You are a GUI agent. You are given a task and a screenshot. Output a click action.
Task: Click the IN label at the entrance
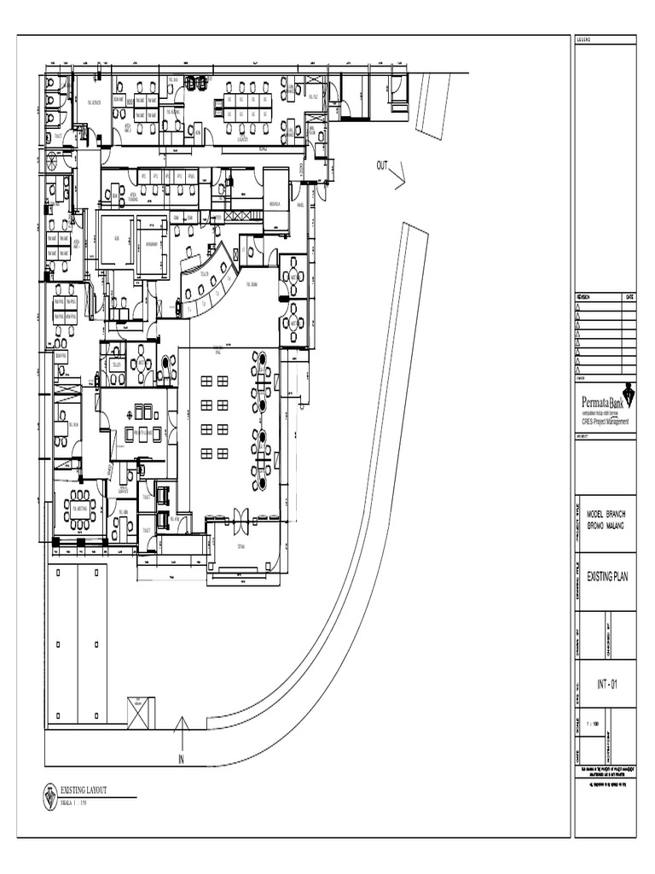[x=181, y=758]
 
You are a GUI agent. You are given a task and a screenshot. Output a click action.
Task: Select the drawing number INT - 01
[x=606, y=684]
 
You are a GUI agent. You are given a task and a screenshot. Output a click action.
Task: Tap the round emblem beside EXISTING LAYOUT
[x=50, y=795]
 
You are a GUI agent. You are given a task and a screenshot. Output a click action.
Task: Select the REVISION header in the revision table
[x=588, y=297]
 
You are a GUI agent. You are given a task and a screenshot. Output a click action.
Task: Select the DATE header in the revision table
[x=629, y=297]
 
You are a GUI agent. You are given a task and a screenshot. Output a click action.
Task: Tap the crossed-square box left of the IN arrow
[x=141, y=713]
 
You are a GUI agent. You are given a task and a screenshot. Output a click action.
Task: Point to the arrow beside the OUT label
[x=398, y=178]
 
